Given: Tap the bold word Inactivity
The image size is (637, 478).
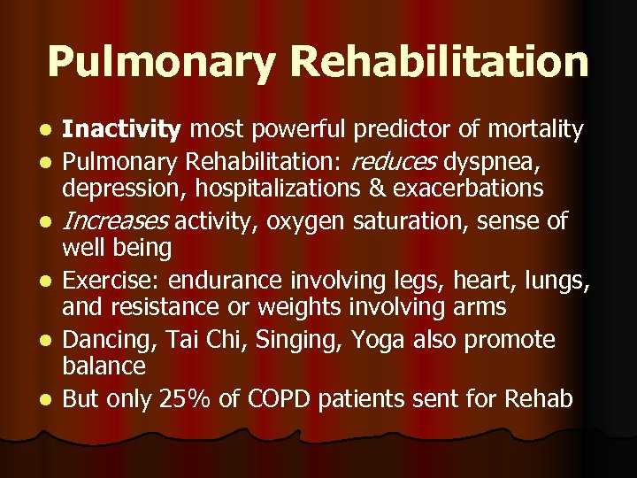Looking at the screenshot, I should (122, 131).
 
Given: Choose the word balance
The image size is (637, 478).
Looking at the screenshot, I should (103, 366).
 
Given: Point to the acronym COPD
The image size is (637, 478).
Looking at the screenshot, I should (263, 399).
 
